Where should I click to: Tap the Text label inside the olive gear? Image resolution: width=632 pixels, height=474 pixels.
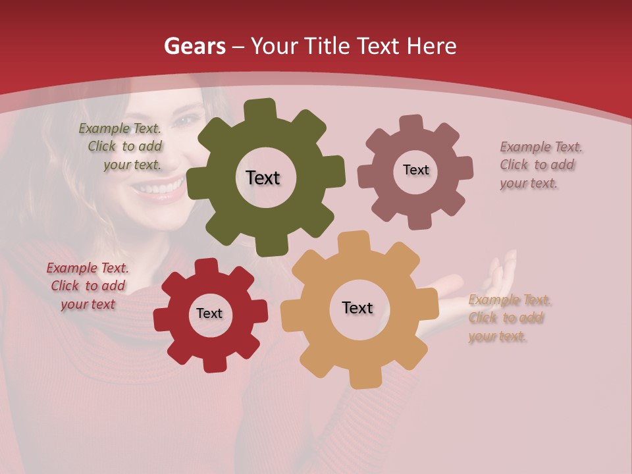tap(263, 178)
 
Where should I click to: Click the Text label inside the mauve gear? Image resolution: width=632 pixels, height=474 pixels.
tap(415, 170)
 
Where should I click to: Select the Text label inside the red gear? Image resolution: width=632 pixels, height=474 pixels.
tap(209, 313)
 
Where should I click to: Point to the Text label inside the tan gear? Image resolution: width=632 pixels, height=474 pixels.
tap(357, 308)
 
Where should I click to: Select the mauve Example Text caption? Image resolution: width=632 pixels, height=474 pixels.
tap(540, 165)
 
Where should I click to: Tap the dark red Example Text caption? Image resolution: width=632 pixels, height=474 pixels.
tap(88, 286)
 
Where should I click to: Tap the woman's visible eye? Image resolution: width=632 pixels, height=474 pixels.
tap(187, 120)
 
